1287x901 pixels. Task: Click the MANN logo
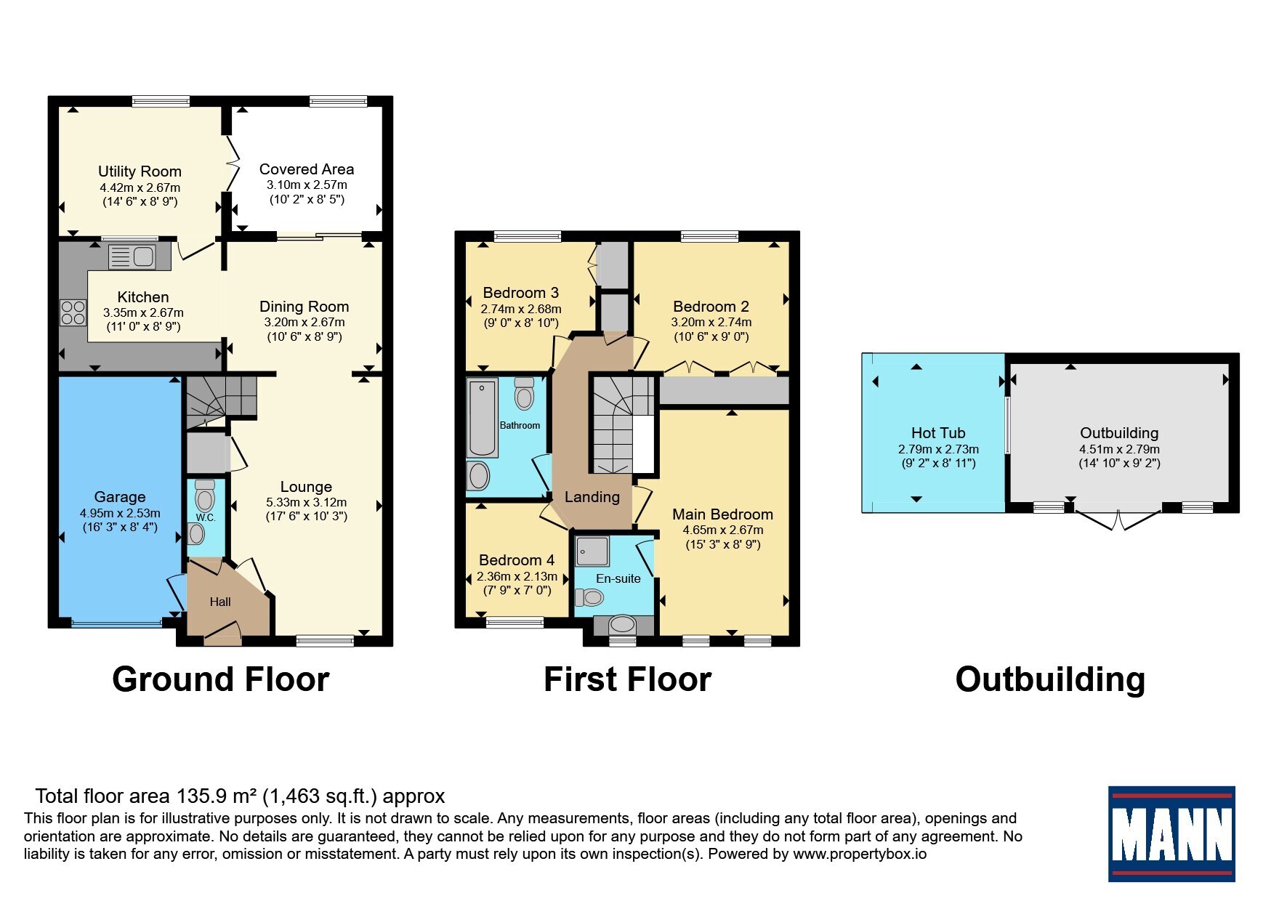pyautogui.click(x=1171, y=833)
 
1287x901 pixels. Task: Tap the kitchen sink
pyautogui.click(x=132, y=256)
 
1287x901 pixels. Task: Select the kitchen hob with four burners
pyautogui.click(x=73, y=312)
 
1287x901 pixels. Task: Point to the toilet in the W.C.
pyautogui.click(x=205, y=496)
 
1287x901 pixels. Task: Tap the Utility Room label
pyautogui.click(x=140, y=171)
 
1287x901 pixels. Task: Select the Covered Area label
pyautogui.click(x=307, y=169)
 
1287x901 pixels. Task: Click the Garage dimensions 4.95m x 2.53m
pyautogui.click(x=120, y=513)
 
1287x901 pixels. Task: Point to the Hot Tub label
pyautogui.click(x=938, y=433)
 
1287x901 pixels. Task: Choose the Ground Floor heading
pyautogui.click(x=221, y=679)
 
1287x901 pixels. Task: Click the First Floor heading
pyautogui.click(x=627, y=679)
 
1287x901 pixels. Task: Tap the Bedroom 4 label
pyautogui.click(x=517, y=560)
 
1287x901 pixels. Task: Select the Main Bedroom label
pyautogui.click(x=722, y=514)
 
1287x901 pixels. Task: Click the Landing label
pyautogui.click(x=592, y=497)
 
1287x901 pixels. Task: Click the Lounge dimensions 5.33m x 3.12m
pyautogui.click(x=306, y=503)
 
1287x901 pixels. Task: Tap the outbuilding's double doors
pyautogui.click(x=1119, y=520)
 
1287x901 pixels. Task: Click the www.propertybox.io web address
pyautogui.click(x=860, y=854)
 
